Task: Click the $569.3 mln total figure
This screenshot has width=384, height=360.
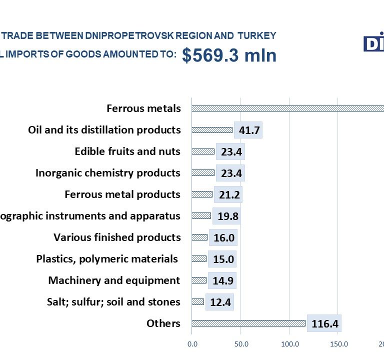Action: (x=229, y=55)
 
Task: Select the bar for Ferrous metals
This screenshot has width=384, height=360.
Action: (x=287, y=108)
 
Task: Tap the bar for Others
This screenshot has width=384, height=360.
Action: (x=248, y=323)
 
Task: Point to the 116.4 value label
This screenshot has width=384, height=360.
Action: (x=324, y=324)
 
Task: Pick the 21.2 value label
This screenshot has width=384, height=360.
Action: (x=228, y=195)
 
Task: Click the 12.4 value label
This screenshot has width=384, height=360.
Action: (x=219, y=302)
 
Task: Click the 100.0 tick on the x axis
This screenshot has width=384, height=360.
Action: (x=289, y=344)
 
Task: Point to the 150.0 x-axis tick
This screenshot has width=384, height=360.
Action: (x=338, y=344)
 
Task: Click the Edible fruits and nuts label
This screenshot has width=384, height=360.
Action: (x=127, y=151)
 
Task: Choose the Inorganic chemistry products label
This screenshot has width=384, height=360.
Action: (x=108, y=173)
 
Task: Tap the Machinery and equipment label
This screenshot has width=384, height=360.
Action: (x=114, y=280)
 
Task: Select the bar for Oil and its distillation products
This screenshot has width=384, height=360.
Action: (x=212, y=130)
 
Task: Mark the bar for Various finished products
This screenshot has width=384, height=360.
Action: (x=199, y=237)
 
